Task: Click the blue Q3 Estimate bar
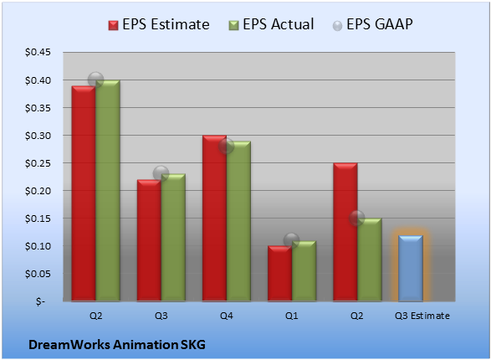click(x=411, y=268)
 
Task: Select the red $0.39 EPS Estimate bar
click(x=84, y=193)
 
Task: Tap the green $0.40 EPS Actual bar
click(x=108, y=191)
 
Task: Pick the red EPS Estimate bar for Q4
click(x=214, y=219)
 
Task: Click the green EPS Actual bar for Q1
click(x=304, y=271)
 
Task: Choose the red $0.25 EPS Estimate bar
click(x=345, y=232)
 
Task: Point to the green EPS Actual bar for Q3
click(x=173, y=238)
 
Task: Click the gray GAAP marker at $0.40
click(x=96, y=80)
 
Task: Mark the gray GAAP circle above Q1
click(x=292, y=240)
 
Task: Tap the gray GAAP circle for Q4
click(x=227, y=147)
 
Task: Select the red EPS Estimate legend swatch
click(x=114, y=25)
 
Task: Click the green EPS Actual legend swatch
click(x=233, y=25)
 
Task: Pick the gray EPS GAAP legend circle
click(x=337, y=26)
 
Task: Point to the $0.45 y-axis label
click(x=38, y=52)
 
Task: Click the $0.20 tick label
click(x=38, y=191)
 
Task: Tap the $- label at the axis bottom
click(x=40, y=301)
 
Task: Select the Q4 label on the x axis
click(x=227, y=316)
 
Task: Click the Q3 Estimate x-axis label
click(x=422, y=316)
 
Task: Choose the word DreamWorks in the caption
click(x=69, y=345)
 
